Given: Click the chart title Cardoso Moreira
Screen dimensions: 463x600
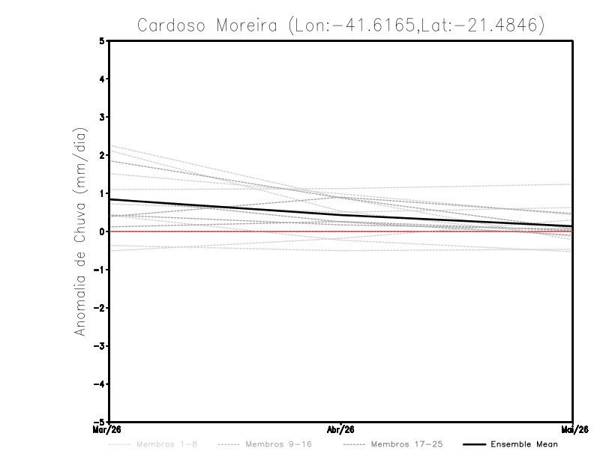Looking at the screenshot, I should [340, 25].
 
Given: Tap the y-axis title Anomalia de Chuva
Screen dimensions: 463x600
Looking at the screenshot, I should [79, 231].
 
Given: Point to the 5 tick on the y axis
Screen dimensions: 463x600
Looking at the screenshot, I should [102, 41].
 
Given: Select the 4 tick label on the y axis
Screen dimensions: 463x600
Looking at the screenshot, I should [102, 79].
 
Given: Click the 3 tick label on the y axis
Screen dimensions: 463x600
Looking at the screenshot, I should [102, 117].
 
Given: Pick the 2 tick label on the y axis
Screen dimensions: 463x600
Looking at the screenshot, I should [102, 155].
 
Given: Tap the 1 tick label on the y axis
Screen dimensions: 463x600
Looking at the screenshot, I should [102, 193].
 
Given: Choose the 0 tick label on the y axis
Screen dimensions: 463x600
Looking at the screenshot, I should [102, 231].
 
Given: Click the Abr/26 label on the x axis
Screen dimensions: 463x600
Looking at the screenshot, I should [340, 429].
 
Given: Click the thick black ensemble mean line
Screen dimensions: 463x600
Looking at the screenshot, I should [225, 207].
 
